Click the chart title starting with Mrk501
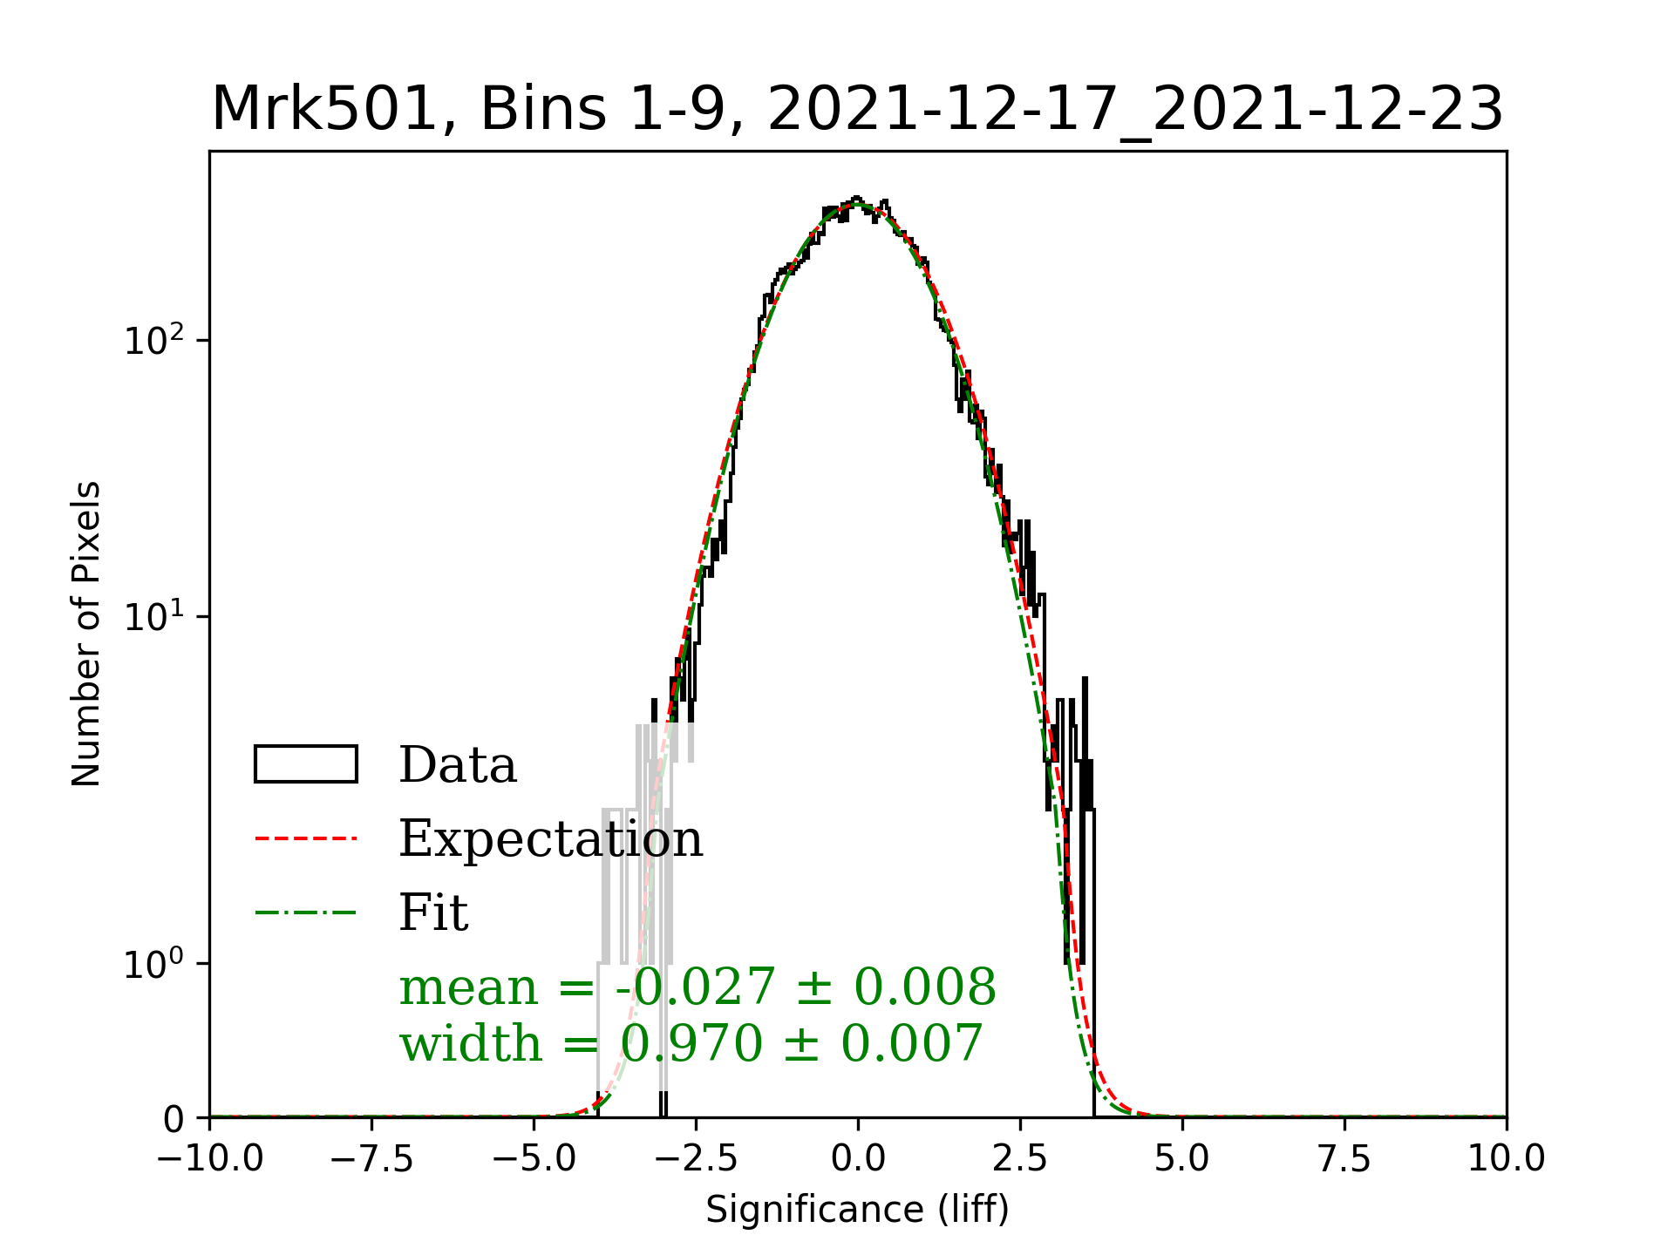point(857,110)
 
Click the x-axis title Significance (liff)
point(857,1210)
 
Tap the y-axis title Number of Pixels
point(86,634)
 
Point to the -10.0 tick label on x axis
point(209,1158)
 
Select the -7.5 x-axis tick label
point(371,1158)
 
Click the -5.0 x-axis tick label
point(534,1158)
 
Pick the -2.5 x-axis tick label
point(696,1158)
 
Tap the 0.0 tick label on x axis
point(858,1158)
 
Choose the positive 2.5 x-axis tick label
point(1020,1158)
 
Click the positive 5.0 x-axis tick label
point(1182,1158)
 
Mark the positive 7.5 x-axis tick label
point(1344,1158)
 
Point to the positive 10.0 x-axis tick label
point(1507,1158)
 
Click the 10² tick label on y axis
point(154,339)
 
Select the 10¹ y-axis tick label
point(154,616)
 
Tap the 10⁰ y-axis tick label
point(154,963)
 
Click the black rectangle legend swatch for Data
point(305,764)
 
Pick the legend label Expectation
point(550,838)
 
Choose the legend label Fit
point(433,912)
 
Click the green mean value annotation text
point(697,987)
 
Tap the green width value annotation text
point(691,1043)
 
